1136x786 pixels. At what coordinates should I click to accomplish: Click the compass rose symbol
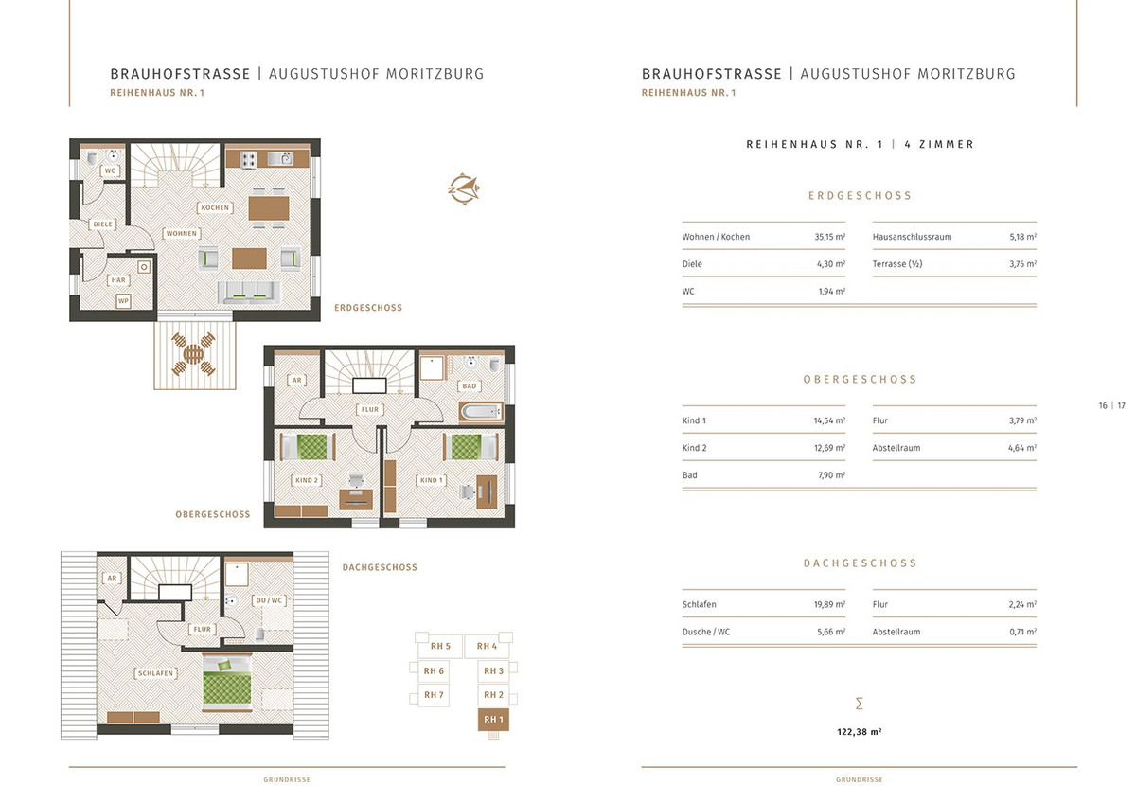pos(464,189)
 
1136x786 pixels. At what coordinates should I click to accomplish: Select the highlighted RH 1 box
pos(493,720)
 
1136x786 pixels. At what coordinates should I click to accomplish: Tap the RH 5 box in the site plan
pos(439,646)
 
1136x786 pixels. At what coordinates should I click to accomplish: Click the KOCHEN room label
pos(215,207)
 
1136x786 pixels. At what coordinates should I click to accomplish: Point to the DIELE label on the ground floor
pos(102,223)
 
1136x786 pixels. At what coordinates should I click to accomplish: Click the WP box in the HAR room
pos(123,300)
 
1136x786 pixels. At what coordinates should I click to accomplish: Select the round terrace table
pos(193,353)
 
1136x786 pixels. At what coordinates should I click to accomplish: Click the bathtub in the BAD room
pos(481,411)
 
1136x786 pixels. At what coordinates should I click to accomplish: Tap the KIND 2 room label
pos(307,480)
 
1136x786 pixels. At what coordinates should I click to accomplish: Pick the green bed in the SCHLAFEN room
pos(226,683)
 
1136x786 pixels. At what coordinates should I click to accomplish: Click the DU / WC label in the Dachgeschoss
pos(269,600)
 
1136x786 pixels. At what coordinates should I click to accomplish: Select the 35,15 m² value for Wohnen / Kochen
pos(829,237)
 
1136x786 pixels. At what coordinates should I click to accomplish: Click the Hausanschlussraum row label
pos(912,237)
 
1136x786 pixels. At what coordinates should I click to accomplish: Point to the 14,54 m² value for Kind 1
pos(829,420)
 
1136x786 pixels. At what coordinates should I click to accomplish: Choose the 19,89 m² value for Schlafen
pos(829,604)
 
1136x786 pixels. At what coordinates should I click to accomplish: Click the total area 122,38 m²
pos(860,732)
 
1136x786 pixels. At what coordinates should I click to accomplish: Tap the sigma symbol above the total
pos(860,704)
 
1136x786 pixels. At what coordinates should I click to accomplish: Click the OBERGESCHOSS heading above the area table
pos(861,379)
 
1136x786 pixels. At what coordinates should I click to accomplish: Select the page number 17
pos(1121,405)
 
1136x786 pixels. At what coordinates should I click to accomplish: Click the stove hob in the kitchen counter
pos(248,160)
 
